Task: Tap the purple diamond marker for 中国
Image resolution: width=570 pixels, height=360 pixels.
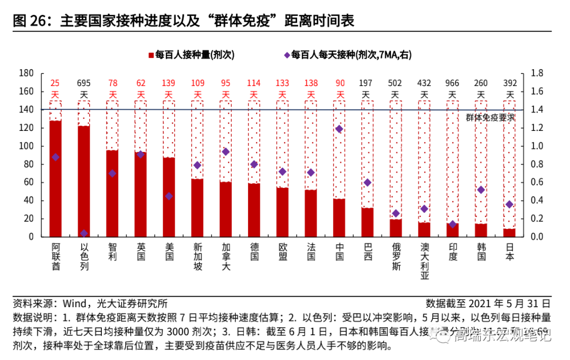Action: coord(339,129)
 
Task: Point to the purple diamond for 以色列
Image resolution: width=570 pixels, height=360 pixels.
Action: coord(84,233)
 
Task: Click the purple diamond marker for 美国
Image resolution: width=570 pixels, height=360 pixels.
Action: coord(169,196)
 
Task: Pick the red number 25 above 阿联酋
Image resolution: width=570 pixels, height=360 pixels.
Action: coord(55,83)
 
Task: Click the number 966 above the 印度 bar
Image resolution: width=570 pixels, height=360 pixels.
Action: coord(452,83)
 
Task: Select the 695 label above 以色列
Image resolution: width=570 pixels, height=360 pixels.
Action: coord(84,83)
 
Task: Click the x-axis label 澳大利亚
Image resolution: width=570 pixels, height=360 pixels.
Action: coord(424,261)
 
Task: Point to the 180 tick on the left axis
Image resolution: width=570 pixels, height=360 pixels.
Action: coord(26,73)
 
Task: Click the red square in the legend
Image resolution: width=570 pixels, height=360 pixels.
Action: coord(151,55)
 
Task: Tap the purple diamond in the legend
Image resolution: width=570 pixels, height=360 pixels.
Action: coord(287,54)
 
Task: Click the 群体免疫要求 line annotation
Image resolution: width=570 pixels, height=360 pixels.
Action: coord(490,117)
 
